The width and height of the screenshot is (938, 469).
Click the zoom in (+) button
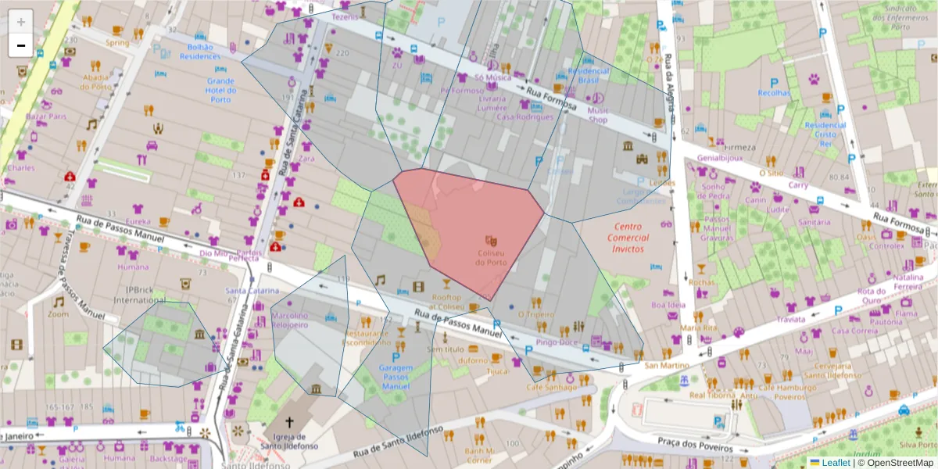click(x=21, y=22)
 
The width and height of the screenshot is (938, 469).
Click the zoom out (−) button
click(x=21, y=45)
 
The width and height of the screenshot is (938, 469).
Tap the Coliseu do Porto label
click(x=492, y=257)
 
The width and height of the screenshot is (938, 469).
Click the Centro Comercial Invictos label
click(x=623, y=238)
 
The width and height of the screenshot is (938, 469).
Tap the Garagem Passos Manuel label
click(x=396, y=377)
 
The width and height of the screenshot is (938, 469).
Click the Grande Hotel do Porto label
click(x=220, y=90)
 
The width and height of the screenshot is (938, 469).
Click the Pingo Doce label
click(x=557, y=342)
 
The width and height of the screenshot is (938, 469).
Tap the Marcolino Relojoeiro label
click(x=290, y=320)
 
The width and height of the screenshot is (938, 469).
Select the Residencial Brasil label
click(x=588, y=76)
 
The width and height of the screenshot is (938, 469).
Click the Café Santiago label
click(x=545, y=387)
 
